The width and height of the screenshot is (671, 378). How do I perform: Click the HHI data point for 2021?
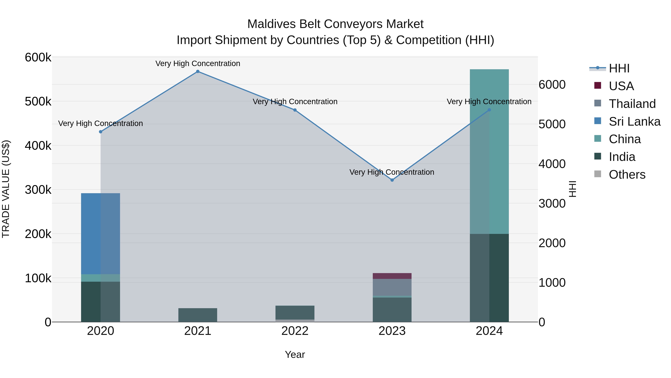(x=198, y=71)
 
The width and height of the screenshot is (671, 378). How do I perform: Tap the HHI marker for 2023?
(x=392, y=180)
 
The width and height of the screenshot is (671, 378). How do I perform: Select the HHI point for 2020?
(x=100, y=132)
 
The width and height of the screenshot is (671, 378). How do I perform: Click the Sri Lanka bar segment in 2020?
(x=100, y=234)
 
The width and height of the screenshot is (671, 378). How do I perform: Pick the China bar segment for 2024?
(x=489, y=151)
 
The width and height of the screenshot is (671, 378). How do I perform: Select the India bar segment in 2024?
(x=489, y=278)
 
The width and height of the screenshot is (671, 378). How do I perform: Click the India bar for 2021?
(x=198, y=315)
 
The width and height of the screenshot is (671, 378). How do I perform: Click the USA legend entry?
(x=621, y=86)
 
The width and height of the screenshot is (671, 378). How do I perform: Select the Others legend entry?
(x=627, y=175)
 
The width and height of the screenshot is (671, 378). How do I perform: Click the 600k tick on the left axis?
(x=38, y=57)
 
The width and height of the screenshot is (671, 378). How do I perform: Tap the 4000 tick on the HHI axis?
(x=552, y=164)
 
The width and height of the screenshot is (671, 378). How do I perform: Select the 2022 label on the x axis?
(x=295, y=331)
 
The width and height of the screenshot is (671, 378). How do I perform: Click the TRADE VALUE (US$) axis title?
(x=6, y=189)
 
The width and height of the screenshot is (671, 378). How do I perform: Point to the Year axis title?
(x=295, y=354)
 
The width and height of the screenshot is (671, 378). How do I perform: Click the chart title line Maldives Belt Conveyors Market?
(x=335, y=24)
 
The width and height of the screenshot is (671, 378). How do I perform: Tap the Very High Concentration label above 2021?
(x=198, y=63)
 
